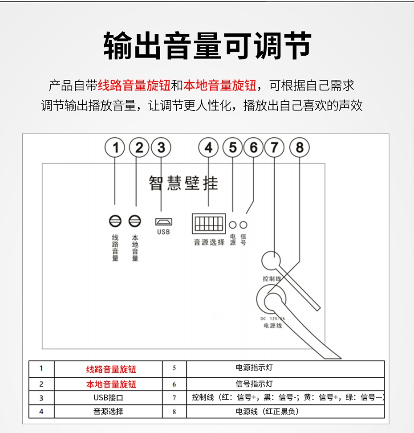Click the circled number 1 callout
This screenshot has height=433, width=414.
tap(115, 147)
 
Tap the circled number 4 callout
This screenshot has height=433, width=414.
tap(209, 147)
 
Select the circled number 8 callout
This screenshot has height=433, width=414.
tap(300, 147)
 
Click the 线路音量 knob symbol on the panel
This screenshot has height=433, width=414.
tap(115, 221)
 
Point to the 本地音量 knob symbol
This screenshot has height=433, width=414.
tap(135, 221)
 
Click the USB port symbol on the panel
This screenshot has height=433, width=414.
tap(163, 221)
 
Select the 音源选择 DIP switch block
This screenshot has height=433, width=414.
tap(208, 223)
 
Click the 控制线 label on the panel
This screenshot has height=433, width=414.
tap(272, 279)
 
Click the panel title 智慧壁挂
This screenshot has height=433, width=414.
tap(183, 183)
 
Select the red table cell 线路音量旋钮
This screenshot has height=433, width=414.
tap(111, 369)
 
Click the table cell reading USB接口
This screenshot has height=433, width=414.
tap(108, 397)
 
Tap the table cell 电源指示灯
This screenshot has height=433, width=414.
tap(254, 368)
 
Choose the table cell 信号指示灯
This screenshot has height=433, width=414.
tap(254, 384)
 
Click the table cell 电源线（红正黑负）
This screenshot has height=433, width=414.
tap(267, 411)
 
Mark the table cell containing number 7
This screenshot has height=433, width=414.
tap(174, 397)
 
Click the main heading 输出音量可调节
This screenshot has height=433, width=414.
tap(207, 46)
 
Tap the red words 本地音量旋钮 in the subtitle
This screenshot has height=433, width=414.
tap(220, 85)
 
